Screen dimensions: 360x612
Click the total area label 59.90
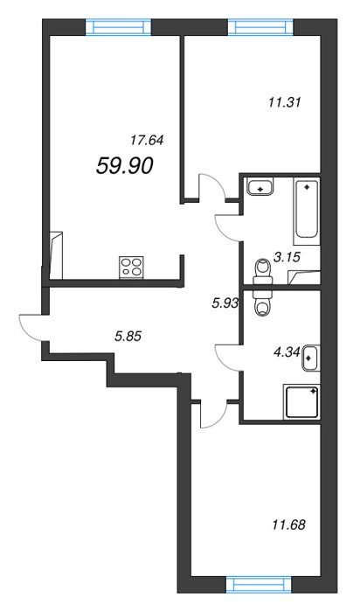(x=124, y=165)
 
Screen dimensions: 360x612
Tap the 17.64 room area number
(x=147, y=140)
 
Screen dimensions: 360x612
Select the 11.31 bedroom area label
(x=285, y=103)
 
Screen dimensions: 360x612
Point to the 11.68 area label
(x=288, y=525)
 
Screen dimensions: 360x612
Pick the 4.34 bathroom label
(x=287, y=352)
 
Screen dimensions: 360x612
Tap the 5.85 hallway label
(x=128, y=335)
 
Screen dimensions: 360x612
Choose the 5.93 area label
(x=225, y=303)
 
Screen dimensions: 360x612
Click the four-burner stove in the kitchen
(x=131, y=267)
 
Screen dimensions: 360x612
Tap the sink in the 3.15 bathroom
(x=260, y=185)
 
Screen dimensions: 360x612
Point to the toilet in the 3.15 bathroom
(x=262, y=272)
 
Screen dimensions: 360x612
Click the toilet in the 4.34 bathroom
(x=262, y=303)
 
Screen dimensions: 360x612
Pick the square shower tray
(x=303, y=401)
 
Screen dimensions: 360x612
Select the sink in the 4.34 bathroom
(x=311, y=358)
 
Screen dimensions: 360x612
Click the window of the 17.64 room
(x=118, y=26)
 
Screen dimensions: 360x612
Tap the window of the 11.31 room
(x=261, y=26)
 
